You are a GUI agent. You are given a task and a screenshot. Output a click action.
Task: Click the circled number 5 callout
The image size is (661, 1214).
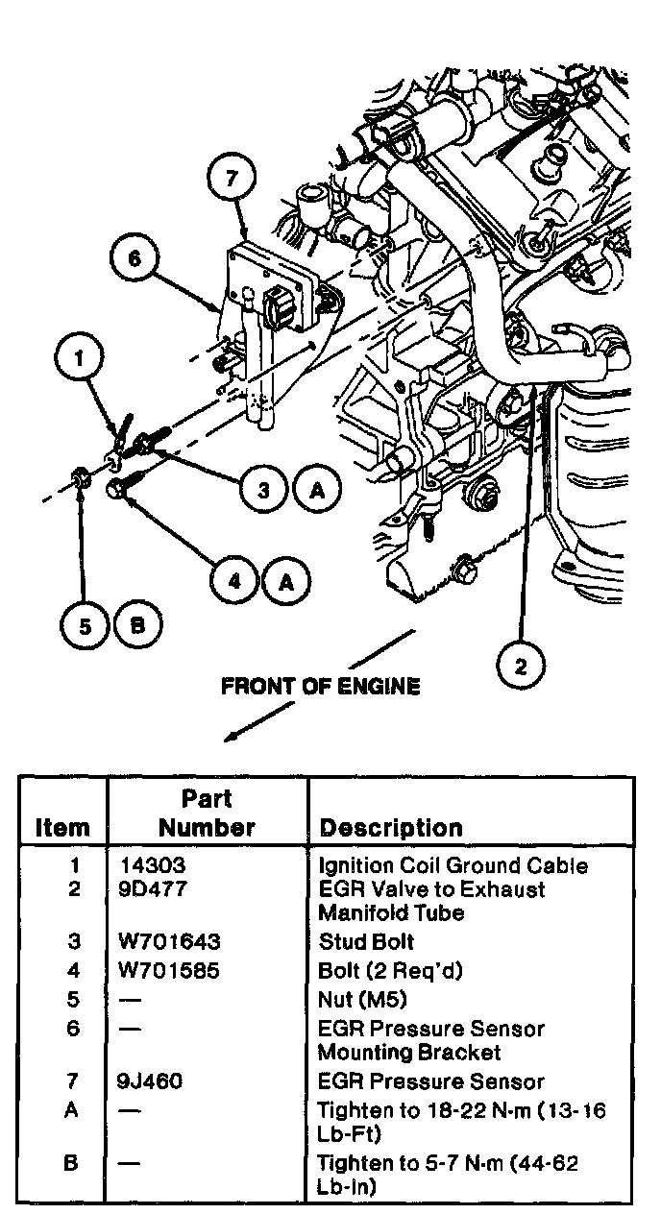point(86,626)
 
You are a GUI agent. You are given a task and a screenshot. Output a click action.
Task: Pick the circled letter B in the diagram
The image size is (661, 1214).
point(136,626)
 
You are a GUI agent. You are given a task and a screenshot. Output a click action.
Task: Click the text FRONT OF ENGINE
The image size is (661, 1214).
point(320,687)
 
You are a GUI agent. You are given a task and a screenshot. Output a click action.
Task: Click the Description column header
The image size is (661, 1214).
point(391,828)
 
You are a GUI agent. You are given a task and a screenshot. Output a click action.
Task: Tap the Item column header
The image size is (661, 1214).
point(62,828)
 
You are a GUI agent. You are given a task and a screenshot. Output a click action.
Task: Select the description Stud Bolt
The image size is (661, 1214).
point(366,941)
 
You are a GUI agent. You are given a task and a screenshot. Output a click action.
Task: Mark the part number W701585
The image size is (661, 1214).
point(167,971)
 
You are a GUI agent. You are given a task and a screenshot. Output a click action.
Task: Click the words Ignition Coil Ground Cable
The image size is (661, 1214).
point(453,865)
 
